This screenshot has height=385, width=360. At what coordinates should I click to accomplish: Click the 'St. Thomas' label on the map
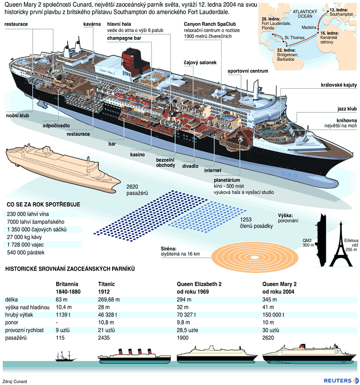[294, 37]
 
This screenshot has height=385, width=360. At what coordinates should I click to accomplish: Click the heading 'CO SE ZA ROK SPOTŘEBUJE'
[43, 204]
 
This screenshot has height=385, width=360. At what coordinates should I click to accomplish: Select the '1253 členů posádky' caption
[256, 223]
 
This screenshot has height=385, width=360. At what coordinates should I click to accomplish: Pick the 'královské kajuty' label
[339, 85]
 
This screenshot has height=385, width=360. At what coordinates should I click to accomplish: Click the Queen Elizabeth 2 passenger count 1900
[183, 338]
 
